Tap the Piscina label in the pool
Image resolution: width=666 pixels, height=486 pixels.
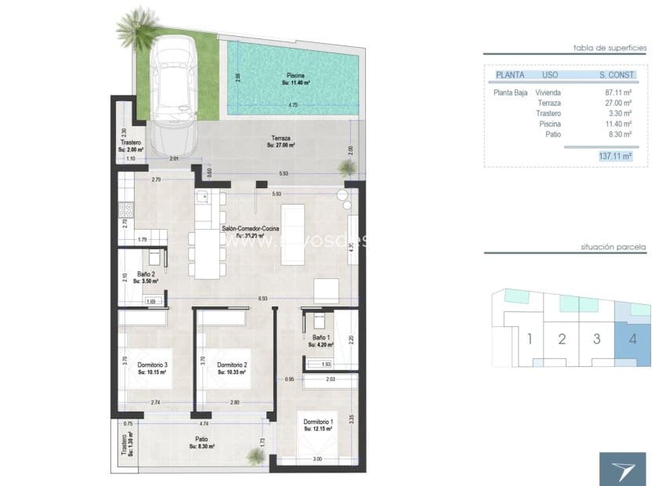click(x=295, y=78)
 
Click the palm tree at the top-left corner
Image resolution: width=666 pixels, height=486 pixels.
click(x=138, y=27)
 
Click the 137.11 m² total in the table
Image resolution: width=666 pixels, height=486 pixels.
click(x=614, y=157)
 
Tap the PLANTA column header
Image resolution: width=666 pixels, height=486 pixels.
click(x=509, y=75)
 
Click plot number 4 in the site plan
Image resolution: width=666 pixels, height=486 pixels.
click(x=631, y=339)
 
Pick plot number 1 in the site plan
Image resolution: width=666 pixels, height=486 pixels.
click(x=530, y=339)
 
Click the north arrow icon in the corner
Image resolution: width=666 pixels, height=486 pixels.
click(x=623, y=468)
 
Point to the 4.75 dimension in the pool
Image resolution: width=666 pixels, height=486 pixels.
click(x=292, y=105)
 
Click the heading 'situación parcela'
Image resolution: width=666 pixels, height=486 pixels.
click(x=614, y=246)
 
